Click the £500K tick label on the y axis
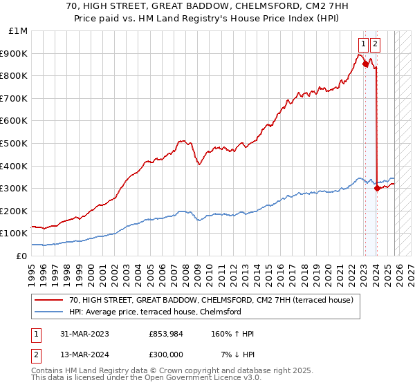(14, 143)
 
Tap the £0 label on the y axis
(22, 256)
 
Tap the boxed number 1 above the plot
(363, 44)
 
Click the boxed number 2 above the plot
(375, 44)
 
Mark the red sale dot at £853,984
(365, 64)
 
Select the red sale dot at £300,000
(377, 188)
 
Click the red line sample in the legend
(49, 300)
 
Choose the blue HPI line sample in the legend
(49, 312)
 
